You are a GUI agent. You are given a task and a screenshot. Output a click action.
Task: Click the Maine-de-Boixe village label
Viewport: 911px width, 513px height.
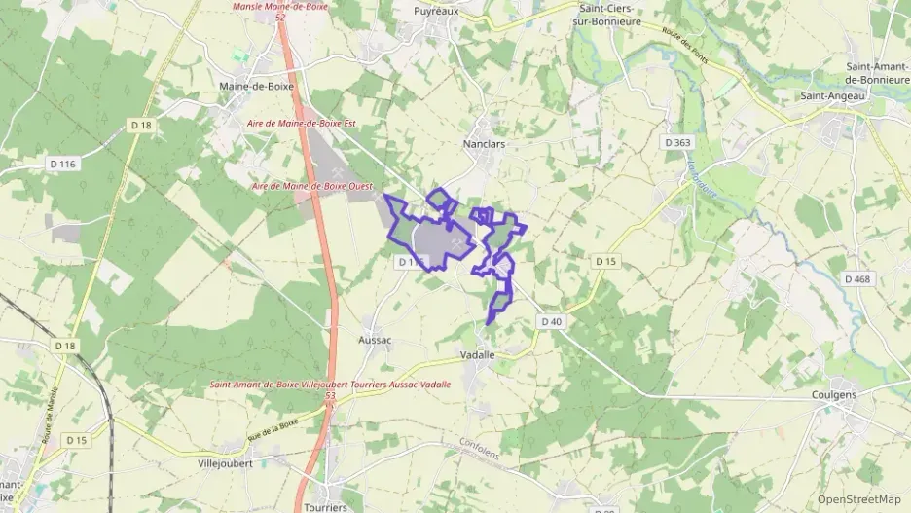tap(256, 87)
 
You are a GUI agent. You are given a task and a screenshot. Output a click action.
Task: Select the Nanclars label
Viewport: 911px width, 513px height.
tap(484, 143)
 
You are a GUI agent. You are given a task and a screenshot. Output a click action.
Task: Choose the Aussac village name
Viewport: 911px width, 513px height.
tap(375, 340)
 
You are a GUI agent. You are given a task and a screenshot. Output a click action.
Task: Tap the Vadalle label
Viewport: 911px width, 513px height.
tap(478, 355)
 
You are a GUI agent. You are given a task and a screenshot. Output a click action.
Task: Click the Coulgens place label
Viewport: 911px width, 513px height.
tap(834, 395)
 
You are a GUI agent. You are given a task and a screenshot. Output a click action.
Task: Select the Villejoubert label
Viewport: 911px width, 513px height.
tap(225, 463)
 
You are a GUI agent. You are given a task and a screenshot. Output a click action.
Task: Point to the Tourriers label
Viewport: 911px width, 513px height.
tap(325, 507)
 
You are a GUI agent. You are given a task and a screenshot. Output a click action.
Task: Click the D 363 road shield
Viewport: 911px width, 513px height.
tap(677, 143)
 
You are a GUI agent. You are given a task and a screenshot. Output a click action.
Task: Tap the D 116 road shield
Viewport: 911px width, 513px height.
tap(62, 165)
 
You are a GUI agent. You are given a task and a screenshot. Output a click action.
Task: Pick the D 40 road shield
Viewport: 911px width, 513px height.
tap(550, 321)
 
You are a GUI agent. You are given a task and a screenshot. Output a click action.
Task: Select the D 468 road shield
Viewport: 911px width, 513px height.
tap(858, 279)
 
